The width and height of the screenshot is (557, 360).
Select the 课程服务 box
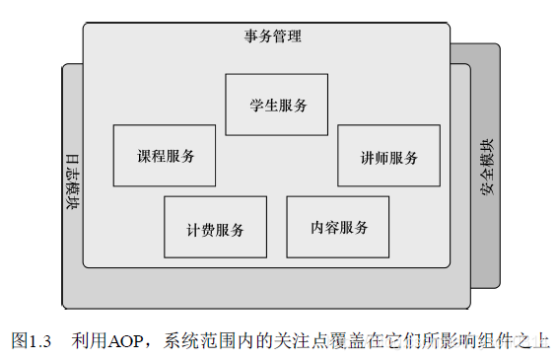click(165, 155)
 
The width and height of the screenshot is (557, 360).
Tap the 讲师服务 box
click(388, 156)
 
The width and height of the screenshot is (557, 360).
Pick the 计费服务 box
click(215, 227)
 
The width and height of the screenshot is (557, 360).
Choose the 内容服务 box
click(337, 226)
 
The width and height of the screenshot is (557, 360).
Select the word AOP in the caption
click(124, 340)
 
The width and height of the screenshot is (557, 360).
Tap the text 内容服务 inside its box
click(338, 227)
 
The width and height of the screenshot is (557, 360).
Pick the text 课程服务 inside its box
click(165, 156)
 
